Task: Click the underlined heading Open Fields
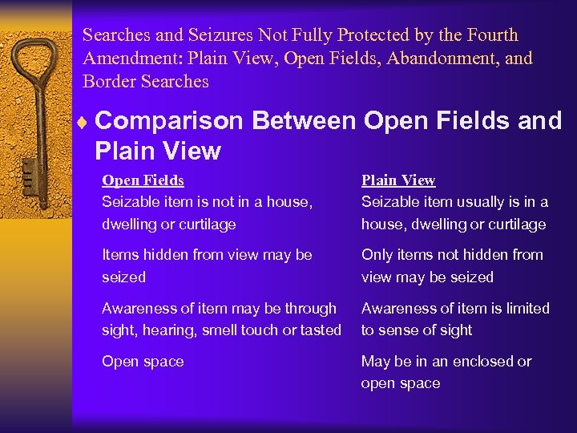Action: click(x=143, y=180)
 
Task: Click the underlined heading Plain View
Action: click(x=398, y=180)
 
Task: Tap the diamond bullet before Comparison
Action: click(x=86, y=121)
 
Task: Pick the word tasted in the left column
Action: click(x=320, y=330)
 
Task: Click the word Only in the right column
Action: click(x=377, y=255)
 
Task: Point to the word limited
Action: click(x=524, y=308)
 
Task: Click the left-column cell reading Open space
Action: click(x=143, y=362)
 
